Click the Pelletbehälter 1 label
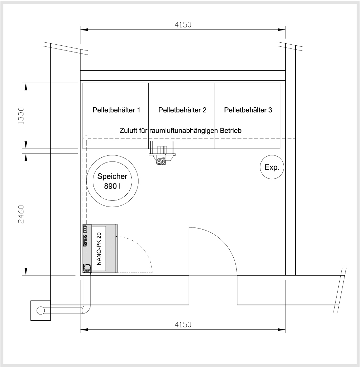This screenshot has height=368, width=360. (116, 110)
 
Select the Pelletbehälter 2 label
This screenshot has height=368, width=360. (182, 110)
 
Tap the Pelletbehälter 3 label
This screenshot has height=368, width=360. (248, 110)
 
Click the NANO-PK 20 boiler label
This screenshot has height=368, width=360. (99, 249)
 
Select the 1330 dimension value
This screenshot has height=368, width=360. (21, 116)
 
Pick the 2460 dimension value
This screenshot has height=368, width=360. (21, 214)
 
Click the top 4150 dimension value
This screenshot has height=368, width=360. (183, 25)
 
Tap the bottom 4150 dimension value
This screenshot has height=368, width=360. (183, 325)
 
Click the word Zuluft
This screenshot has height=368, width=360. (128, 130)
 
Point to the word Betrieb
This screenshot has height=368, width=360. (231, 130)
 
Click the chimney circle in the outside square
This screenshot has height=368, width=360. (41, 310)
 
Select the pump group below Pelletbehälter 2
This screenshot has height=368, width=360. (162, 153)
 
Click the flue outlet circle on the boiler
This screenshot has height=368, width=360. (87, 267)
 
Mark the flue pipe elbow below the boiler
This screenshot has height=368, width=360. (87, 307)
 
